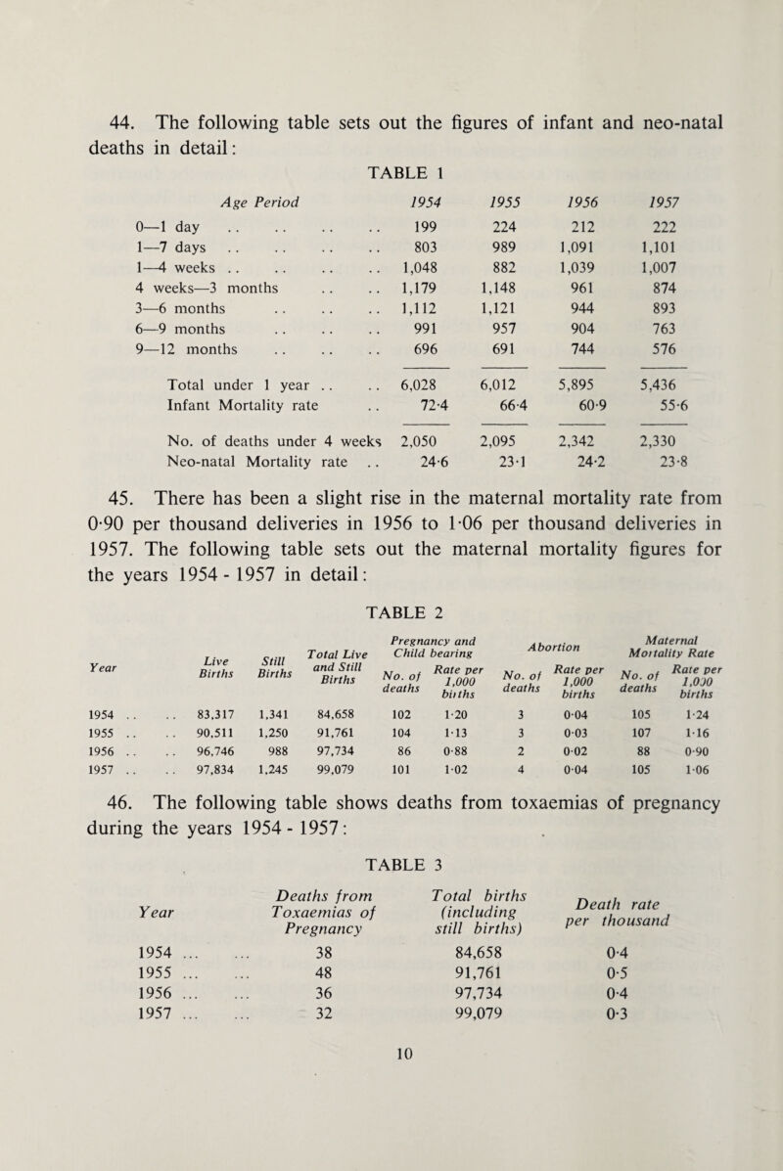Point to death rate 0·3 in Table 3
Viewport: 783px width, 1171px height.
click(x=664, y=1126)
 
